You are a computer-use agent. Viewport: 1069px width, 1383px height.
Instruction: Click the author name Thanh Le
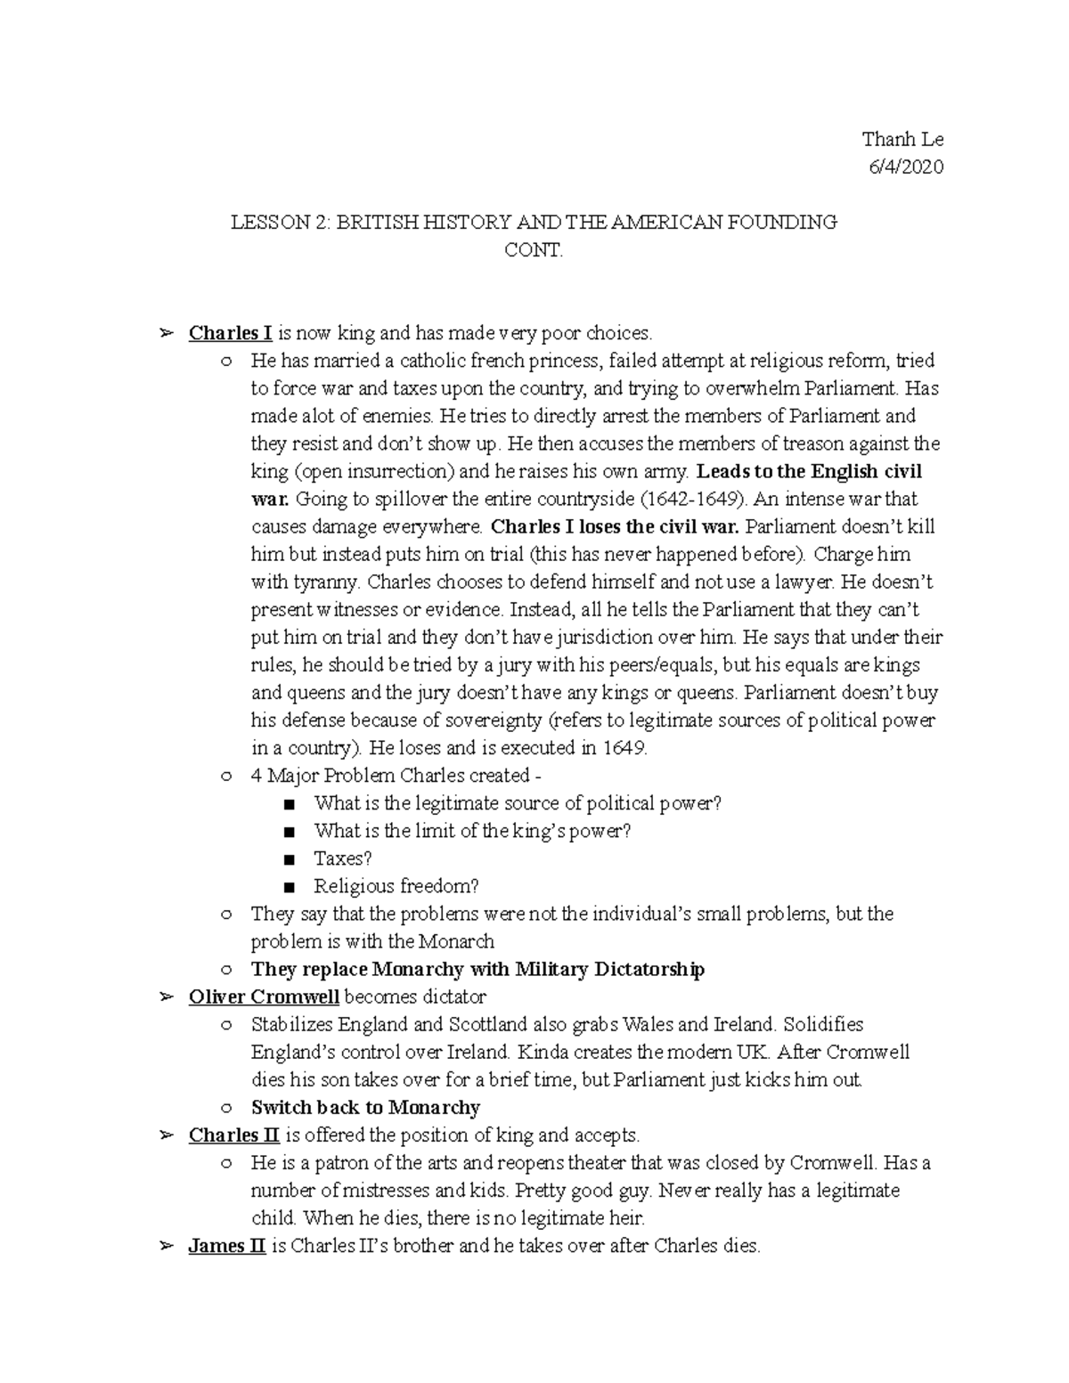902,140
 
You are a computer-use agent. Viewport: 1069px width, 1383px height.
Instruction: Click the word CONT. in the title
534,250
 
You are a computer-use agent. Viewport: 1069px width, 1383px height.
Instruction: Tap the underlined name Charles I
230,333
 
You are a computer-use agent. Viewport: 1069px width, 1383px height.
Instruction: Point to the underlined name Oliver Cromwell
264,997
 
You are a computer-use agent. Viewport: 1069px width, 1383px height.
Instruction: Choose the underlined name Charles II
234,1135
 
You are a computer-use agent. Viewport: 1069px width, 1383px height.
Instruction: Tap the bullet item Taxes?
342,858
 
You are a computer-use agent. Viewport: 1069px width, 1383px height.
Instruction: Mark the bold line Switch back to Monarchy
365,1108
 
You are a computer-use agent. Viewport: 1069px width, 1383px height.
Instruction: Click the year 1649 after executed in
624,748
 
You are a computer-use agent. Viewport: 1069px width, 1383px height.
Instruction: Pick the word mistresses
395,1191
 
